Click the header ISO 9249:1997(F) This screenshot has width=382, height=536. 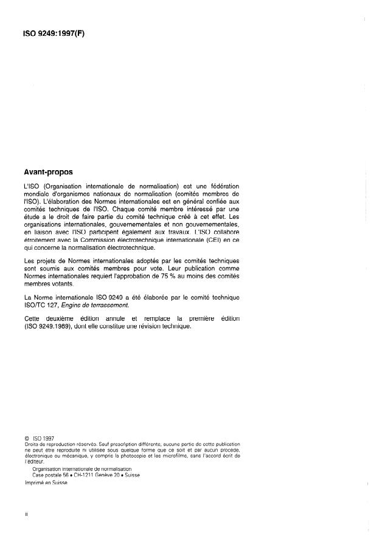pyautogui.click(x=54, y=34)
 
